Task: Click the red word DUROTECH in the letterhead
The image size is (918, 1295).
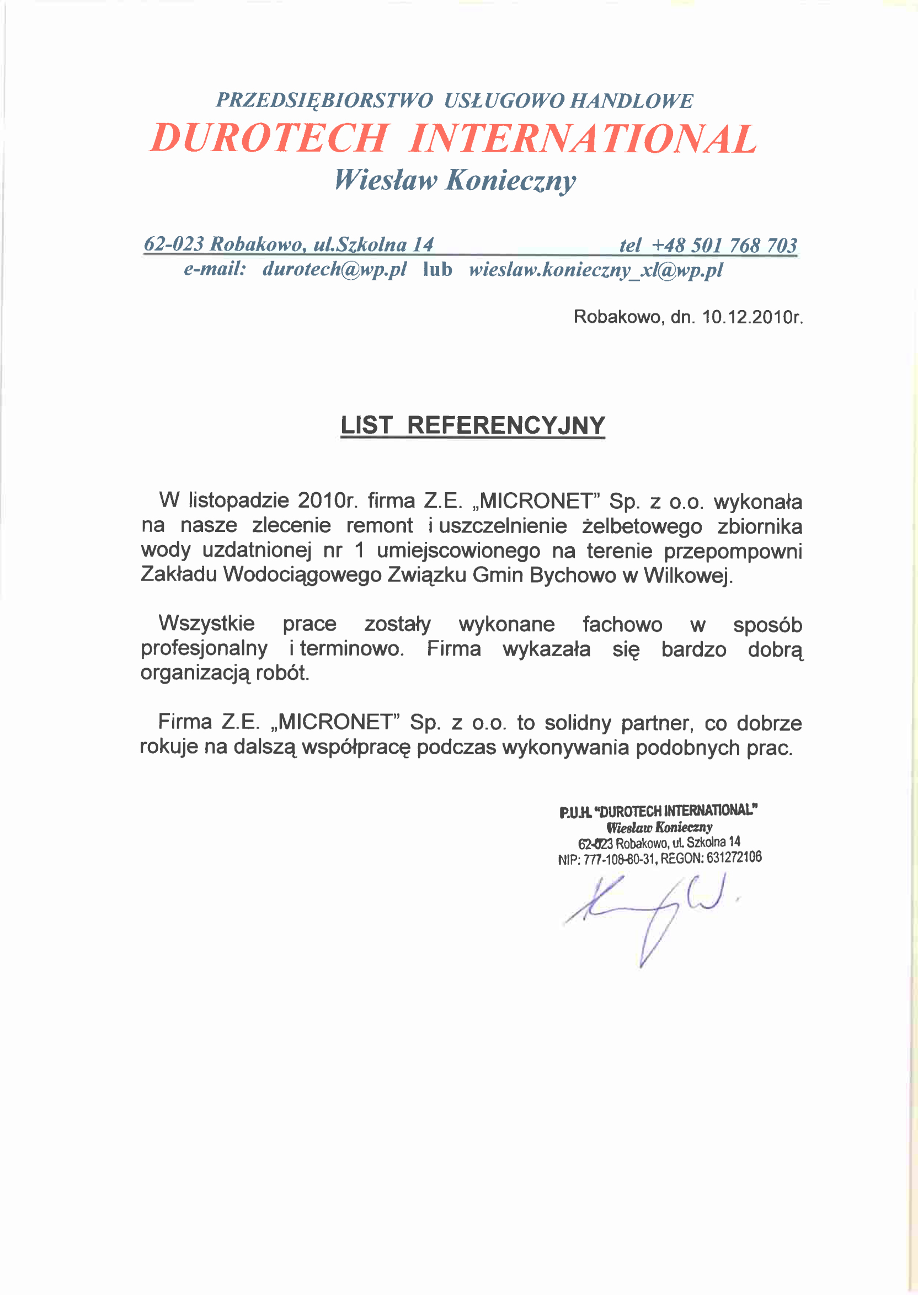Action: [x=269, y=138]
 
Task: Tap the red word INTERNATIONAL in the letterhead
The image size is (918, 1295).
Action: [x=582, y=138]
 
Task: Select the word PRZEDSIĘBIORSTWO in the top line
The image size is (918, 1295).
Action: [x=324, y=100]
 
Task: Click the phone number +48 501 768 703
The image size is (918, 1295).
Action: [x=724, y=246]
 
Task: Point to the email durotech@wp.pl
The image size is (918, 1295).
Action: [x=334, y=269]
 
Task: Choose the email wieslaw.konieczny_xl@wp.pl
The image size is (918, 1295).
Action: [x=596, y=270]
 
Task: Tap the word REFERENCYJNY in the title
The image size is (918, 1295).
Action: [x=506, y=425]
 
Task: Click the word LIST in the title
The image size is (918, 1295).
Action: [x=366, y=425]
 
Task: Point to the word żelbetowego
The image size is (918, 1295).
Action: [x=642, y=526]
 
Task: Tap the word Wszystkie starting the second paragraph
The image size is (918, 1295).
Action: [x=206, y=623]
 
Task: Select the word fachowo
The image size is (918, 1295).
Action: [x=622, y=624]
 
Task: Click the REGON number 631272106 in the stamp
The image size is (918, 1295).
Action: [x=734, y=857]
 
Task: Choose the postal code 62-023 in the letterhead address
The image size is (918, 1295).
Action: [x=174, y=244]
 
